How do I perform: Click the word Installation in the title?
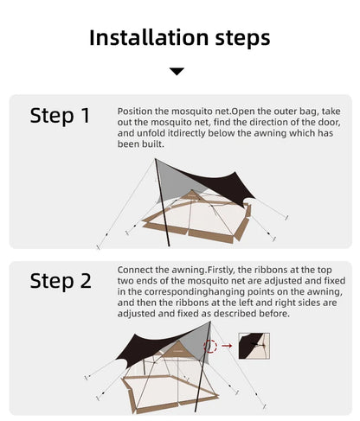pyautogui.click(x=148, y=37)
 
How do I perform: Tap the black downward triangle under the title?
pyautogui.click(x=177, y=71)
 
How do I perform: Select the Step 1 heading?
pyautogui.click(x=60, y=116)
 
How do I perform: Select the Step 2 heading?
pyautogui.click(x=60, y=280)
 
